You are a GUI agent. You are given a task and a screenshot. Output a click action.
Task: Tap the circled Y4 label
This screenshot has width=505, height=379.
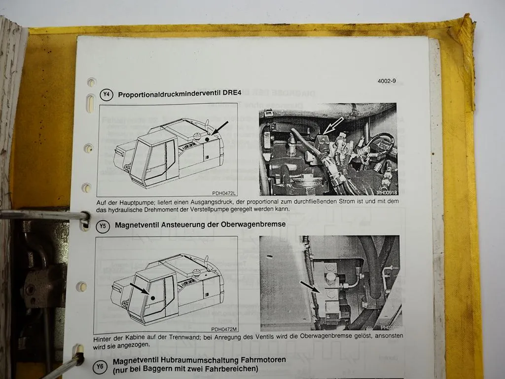pos(105,95)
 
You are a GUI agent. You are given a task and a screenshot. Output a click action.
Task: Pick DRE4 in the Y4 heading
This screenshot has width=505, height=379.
pos(227,95)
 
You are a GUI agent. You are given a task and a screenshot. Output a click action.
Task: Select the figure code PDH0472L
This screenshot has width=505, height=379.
pos(223,193)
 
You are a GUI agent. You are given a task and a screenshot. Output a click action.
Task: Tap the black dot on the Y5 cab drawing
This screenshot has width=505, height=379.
pos(154,298)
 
